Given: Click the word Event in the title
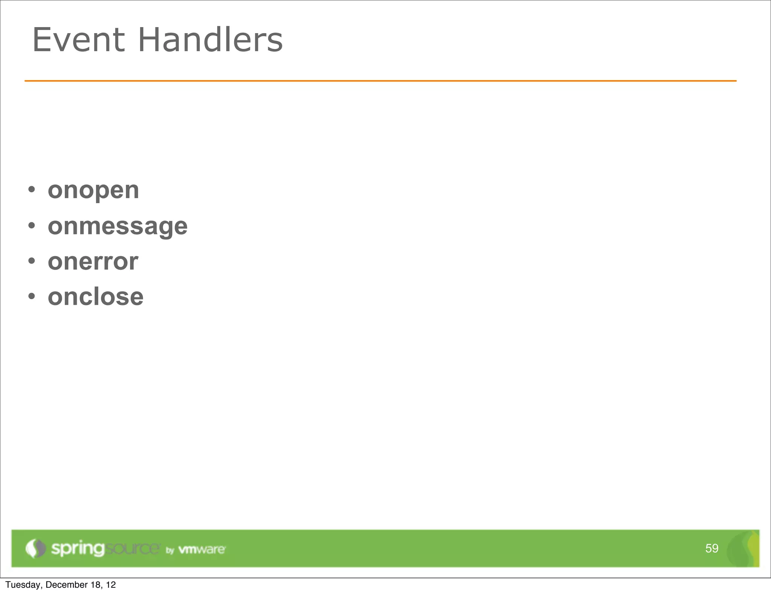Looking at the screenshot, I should pyautogui.click(x=78, y=40).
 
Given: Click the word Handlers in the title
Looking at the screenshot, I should pyautogui.click(x=210, y=40).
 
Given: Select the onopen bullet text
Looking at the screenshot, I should pyautogui.click(x=93, y=190).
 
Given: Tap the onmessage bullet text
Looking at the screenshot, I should pyautogui.click(x=117, y=226).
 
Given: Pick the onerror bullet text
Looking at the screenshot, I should pyautogui.click(x=93, y=262).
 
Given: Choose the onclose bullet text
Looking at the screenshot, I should pyautogui.click(x=96, y=297).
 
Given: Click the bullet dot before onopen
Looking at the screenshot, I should pyautogui.click(x=32, y=189).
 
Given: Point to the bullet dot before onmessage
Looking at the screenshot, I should pyautogui.click(x=32, y=225).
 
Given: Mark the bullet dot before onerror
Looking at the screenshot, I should pyautogui.click(x=32, y=261).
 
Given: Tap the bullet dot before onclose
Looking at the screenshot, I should pyautogui.click(x=32, y=296).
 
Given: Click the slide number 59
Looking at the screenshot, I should pyautogui.click(x=712, y=548).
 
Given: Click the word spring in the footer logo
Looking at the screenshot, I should pyautogui.click(x=78, y=549).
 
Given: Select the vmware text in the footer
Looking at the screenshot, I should pyautogui.click(x=202, y=549).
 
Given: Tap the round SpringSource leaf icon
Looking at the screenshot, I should pyautogui.click(x=35, y=548).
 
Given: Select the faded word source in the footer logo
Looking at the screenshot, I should pyautogui.click(x=132, y=549).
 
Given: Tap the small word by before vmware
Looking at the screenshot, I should pyautogui.click(x=170, y=550).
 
